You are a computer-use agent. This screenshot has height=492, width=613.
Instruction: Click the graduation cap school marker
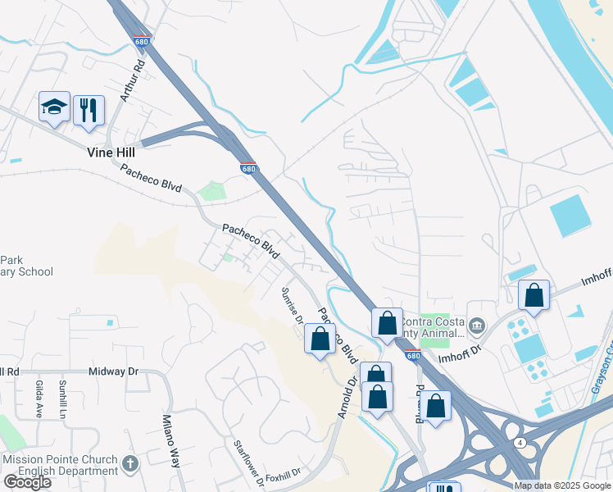54,107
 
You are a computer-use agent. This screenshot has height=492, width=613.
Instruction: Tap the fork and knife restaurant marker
89,110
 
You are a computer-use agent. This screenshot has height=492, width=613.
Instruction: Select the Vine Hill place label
111,153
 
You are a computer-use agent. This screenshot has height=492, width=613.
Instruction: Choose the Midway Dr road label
113,371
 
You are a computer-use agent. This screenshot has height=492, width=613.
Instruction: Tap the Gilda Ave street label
39,399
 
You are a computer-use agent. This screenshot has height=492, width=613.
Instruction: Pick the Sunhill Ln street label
63,399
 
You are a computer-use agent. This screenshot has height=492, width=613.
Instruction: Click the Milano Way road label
174,443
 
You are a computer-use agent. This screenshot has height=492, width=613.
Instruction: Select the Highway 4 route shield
520,443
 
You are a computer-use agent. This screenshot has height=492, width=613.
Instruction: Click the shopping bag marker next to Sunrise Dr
320,338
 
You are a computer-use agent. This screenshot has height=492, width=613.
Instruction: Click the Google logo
27,482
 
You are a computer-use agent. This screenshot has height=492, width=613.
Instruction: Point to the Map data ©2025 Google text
562,485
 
